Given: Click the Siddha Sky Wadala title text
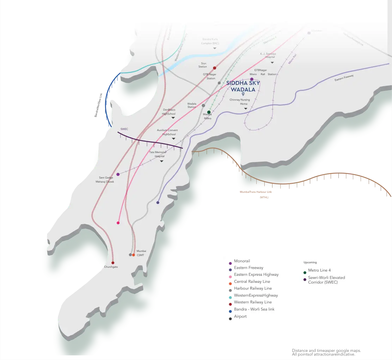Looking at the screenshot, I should pos(243,86).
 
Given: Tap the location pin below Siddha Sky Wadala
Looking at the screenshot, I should pos(243,94).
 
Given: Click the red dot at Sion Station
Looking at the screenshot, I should pos(214,68).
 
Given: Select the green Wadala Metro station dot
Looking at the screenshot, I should pos(209,112).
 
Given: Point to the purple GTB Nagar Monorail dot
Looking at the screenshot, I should pos(252,79).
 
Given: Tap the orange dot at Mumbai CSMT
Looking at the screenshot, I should pos(134,255).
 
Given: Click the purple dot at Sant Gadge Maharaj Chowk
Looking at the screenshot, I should pos(118,174).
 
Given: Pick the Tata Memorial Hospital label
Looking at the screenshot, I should pos(158,154).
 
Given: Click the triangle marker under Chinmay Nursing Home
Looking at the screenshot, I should pos(246,108).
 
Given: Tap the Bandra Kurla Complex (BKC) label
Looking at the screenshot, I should pos(210,41).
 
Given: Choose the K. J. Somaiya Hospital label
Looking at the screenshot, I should pos(268,55).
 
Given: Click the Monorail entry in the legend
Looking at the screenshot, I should pos(242,261).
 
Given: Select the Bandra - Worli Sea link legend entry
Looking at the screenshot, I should pos(254,309).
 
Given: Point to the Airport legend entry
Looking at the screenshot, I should pos(240,316).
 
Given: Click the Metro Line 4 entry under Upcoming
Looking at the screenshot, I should pos(319,270).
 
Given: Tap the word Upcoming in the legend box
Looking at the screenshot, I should pos(310,262).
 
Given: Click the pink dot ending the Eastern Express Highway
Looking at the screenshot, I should pos(118,223).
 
